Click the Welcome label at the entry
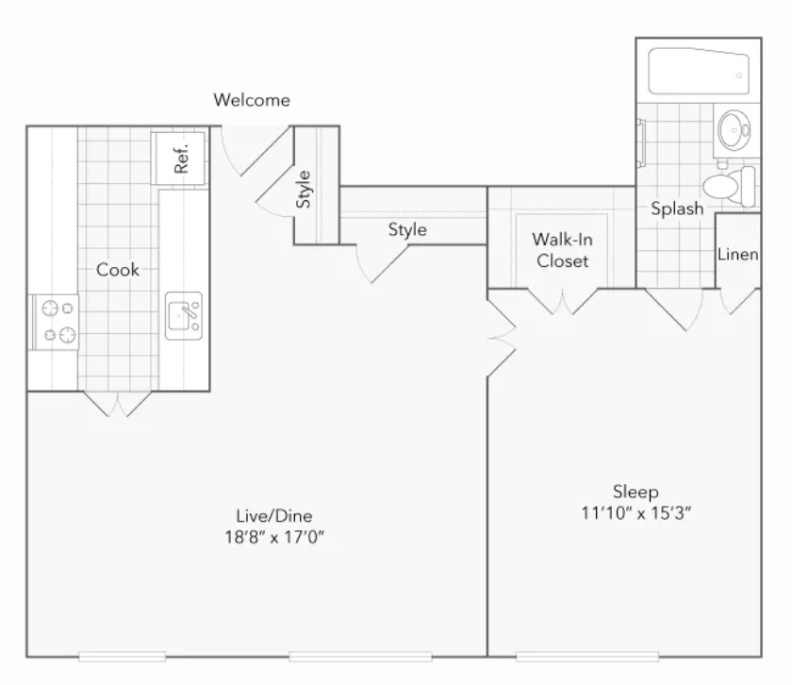click(x=252, y=100)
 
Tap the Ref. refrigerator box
click(x=178, y=159)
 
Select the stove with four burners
click(x=56, y=322)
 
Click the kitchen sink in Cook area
click(x=184, y=316)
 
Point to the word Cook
click(x=118, y=270)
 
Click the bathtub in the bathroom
click(x=699, y=72)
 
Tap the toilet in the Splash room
click(x=729, y=186)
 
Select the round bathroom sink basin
click(x=734, y=130)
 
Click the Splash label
click(x=677, y=209)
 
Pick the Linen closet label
click(x=738, y=255)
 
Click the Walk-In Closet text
click(x=562, y=250)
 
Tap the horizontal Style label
click(x=407, y=229)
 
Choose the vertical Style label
click(x=303, y=189)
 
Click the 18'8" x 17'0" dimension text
click(x=274, y=536)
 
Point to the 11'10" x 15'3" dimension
click(x=635, y=513)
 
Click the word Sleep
click(x=635, y=492)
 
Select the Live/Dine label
click(x=274, y=516)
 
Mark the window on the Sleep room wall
click(x=587, y=657)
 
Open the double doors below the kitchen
click(x=117, y=404)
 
